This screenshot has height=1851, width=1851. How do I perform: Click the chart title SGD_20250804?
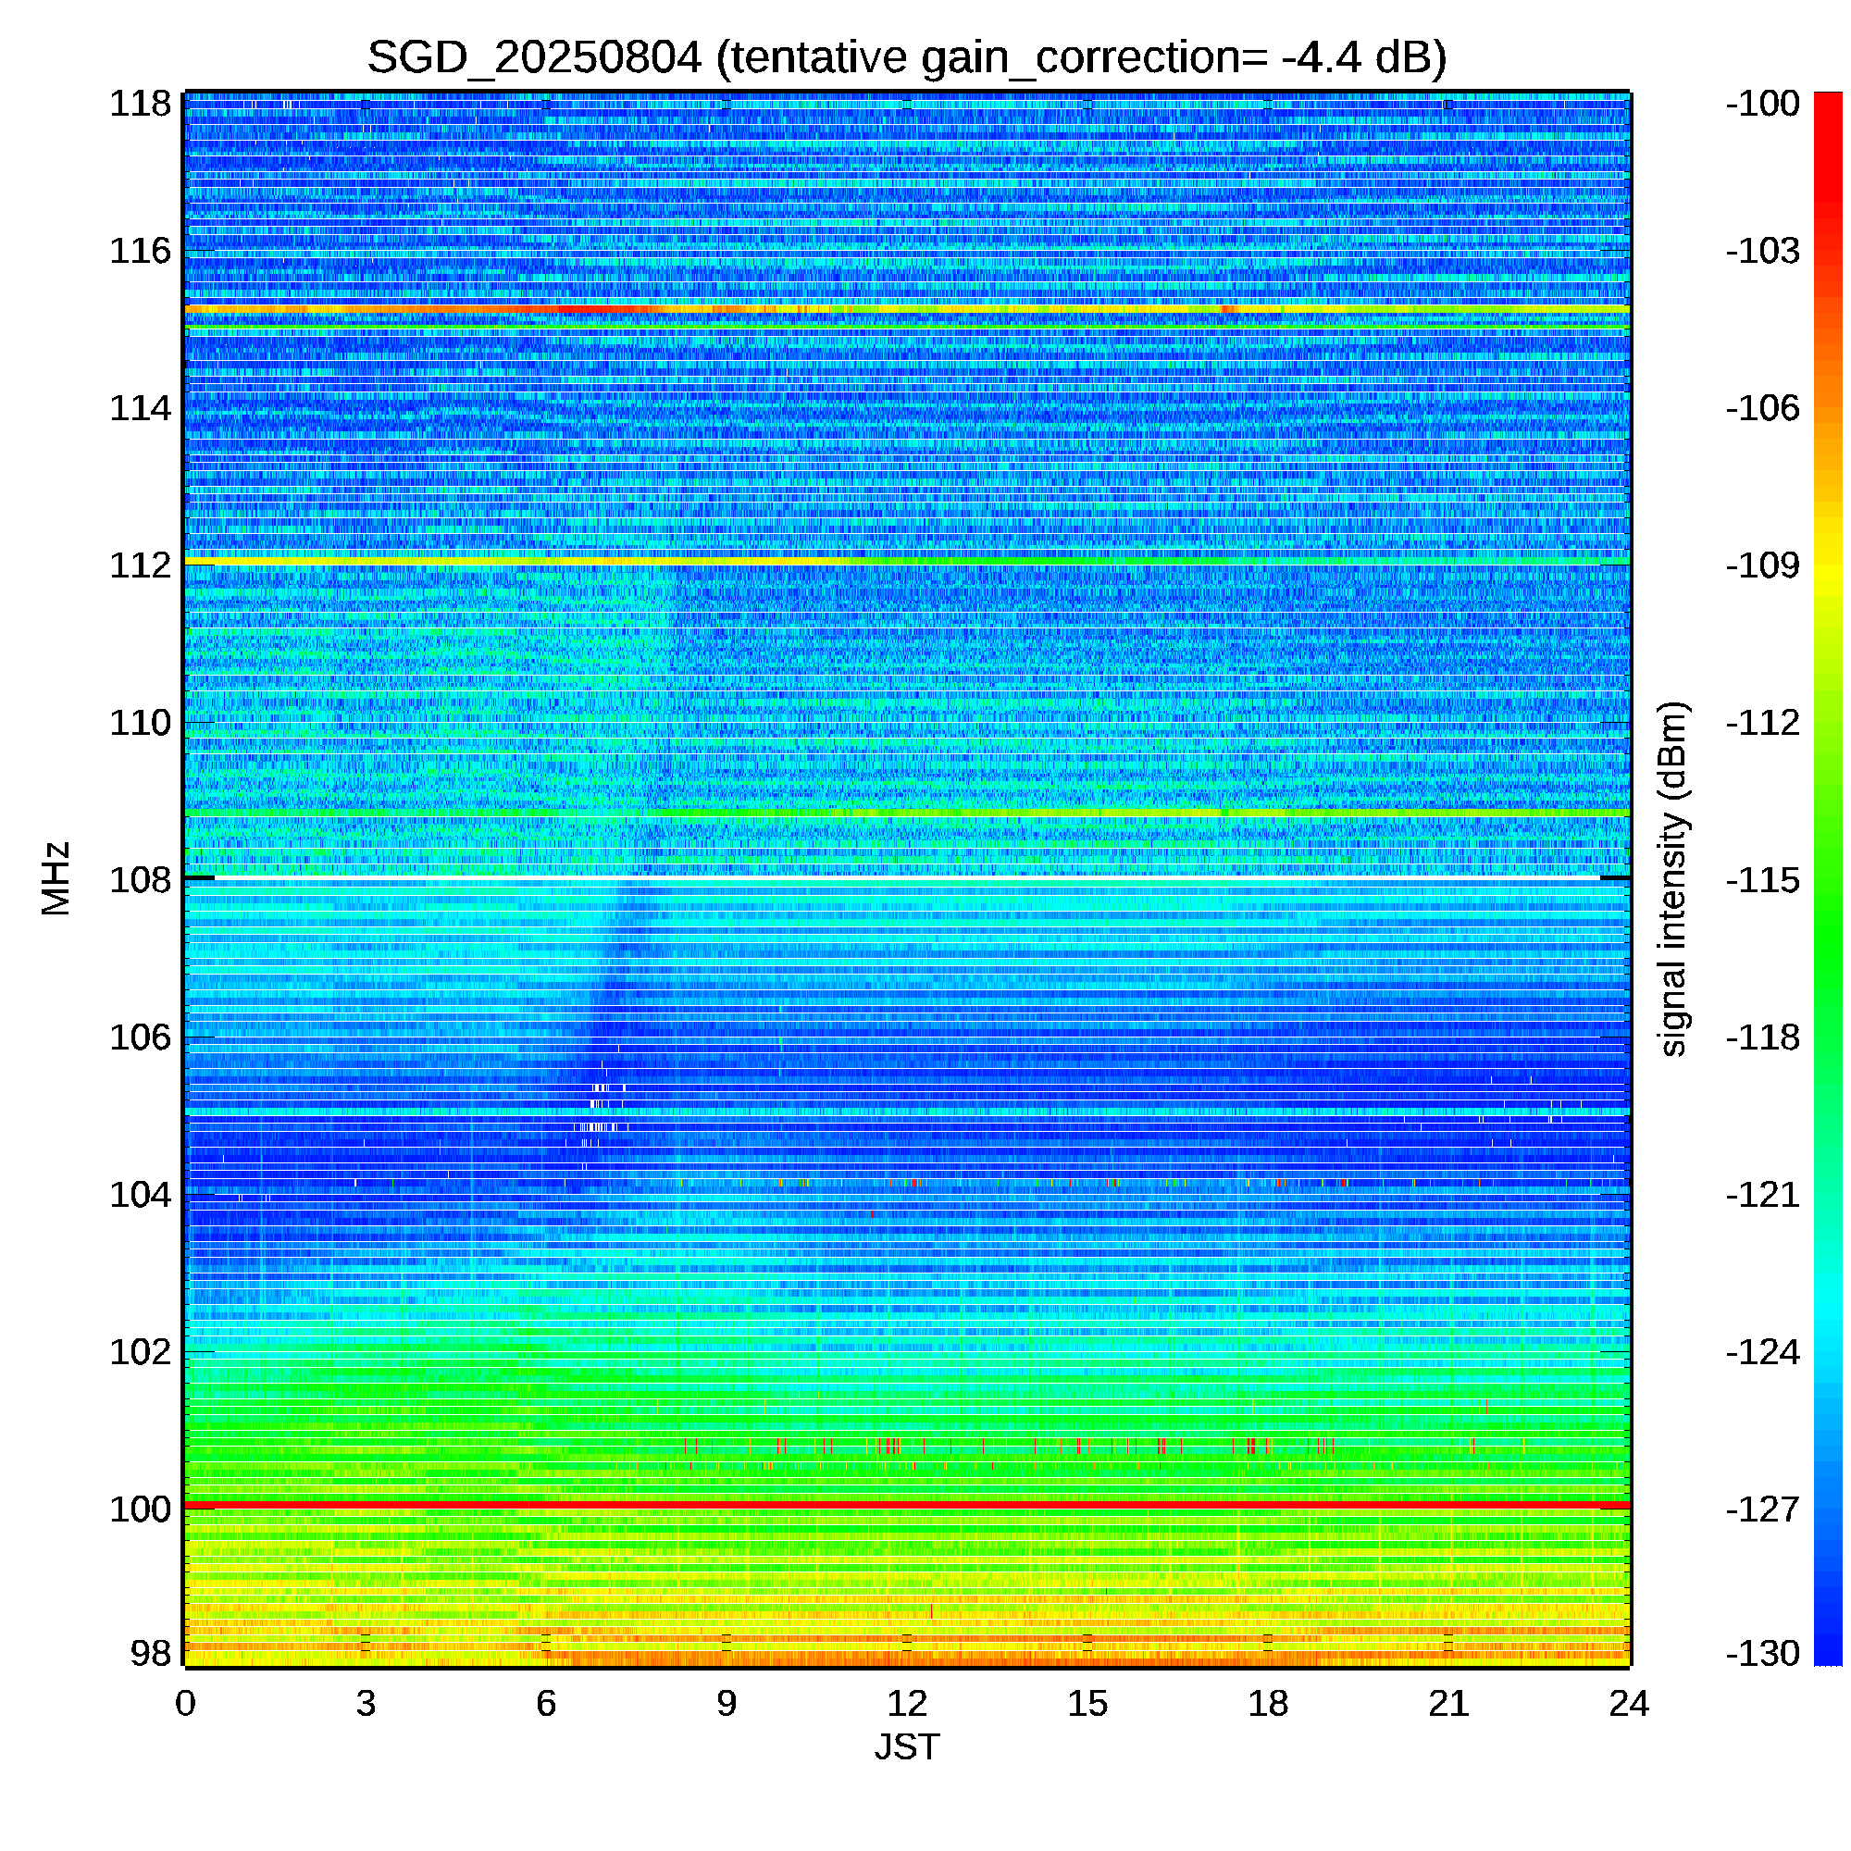click(535, 58)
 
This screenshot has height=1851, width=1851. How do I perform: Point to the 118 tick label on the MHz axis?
click(140, 104)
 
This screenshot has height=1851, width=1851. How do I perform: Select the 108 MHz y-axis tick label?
click(140, 879)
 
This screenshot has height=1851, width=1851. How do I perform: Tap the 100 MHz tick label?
click(140, 1509)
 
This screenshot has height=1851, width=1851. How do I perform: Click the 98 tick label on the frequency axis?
click(151, 1653)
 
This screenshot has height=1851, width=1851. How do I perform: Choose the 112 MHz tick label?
click(140, 565)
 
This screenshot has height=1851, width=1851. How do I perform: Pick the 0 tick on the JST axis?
click(185, 1704)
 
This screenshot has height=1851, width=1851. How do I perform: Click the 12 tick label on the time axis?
click(906, 1704)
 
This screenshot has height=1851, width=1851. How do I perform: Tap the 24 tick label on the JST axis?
click(1629, 1704)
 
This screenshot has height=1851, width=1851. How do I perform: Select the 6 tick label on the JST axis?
click(546, 1704)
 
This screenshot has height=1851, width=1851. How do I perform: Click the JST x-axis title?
click(906, 1747)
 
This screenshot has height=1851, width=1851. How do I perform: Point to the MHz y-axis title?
click(56, 878)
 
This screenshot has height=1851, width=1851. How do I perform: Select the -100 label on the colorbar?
click(1763, 104)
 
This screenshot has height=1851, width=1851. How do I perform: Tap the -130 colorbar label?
click(1763, 1653)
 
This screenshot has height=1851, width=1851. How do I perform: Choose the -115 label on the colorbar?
click(1763, 879)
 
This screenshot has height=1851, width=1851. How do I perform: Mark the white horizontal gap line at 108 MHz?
click(907, 877)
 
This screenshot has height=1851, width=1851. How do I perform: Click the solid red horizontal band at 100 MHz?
click(907, 1506)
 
